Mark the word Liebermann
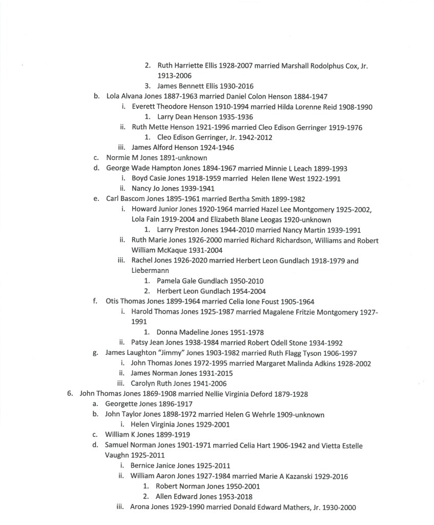pyautogui.click(x=149, y=271)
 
